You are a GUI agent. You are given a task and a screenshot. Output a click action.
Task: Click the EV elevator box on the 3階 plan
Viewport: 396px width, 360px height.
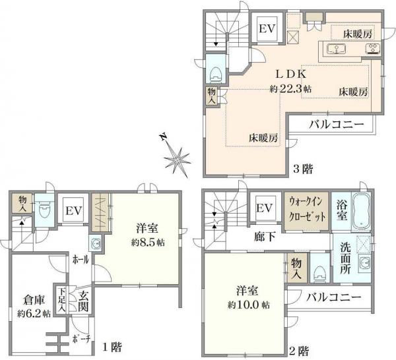(x=267, y=29)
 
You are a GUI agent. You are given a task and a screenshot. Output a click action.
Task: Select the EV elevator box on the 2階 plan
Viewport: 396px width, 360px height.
(x=265, y=208)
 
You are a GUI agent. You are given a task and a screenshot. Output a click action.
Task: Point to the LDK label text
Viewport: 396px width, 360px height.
(x=284, y=75)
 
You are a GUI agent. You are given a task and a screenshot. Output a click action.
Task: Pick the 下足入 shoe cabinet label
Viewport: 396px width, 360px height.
(x=61, y=301)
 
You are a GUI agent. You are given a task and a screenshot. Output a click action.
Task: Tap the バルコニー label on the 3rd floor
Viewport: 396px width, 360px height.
(x=333, y=125)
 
